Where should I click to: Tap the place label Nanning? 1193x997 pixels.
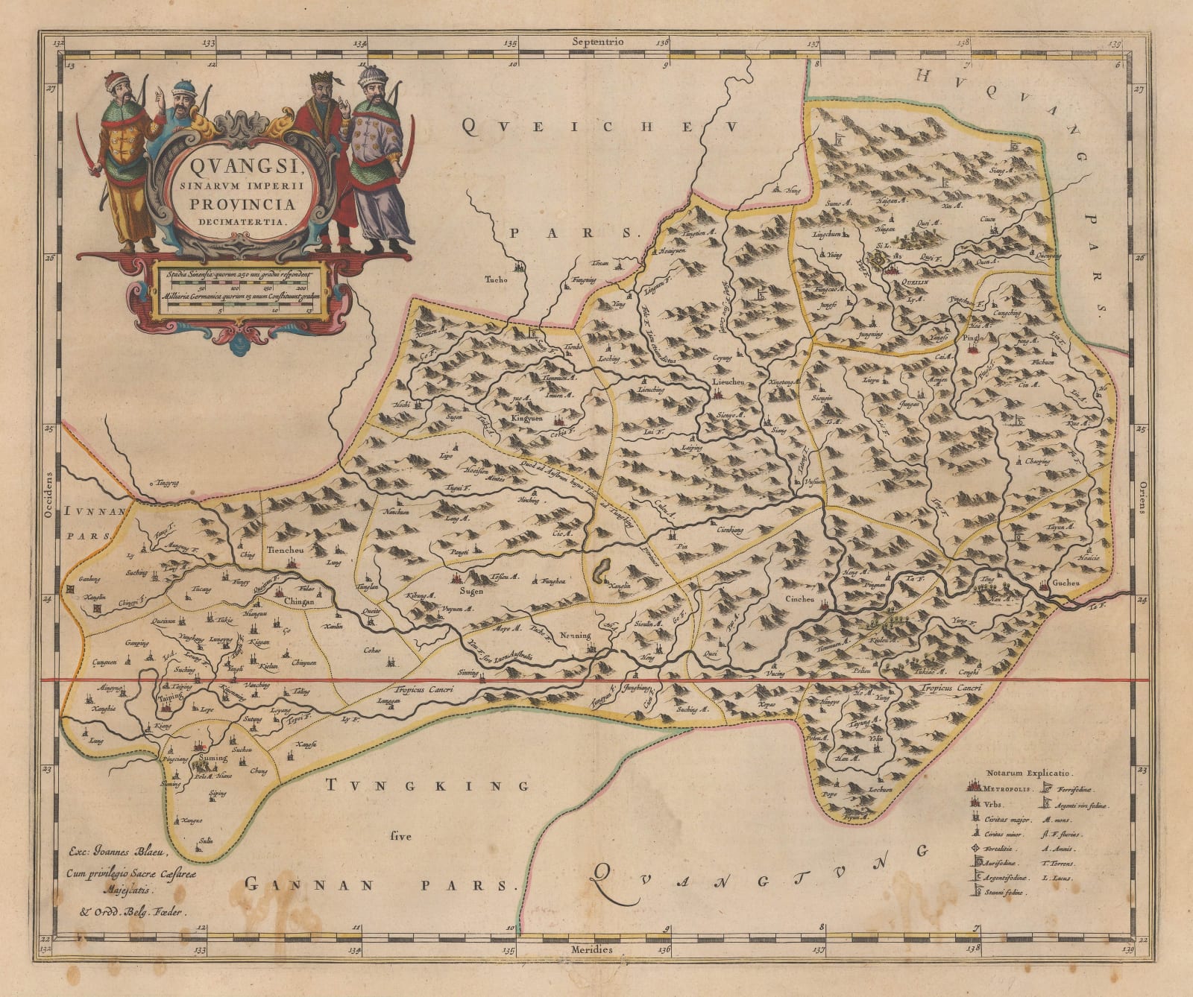(574, 636)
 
